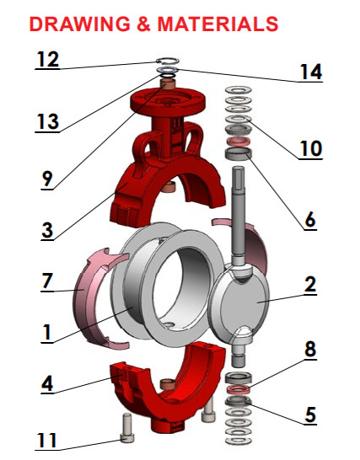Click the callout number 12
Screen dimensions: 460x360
tap(48, 60)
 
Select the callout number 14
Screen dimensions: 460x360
tap(310, 72)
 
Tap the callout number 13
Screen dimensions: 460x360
tap(47, 122)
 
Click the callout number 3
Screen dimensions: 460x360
tap(49, 230)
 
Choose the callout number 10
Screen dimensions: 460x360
tap(310, 149)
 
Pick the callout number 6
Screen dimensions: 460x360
tap(309, 220)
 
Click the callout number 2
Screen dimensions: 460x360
tap(309, 285)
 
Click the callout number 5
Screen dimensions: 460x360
tap(309, 414)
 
